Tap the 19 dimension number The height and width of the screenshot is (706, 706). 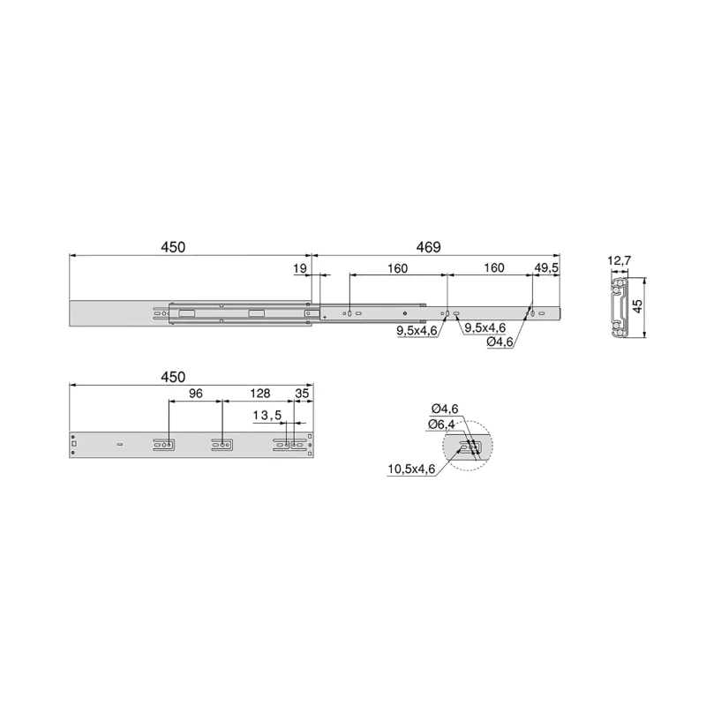click(x=299, y=267)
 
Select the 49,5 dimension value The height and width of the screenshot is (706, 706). click(x=546, y=267)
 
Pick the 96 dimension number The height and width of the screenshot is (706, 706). click(x=195, y=394)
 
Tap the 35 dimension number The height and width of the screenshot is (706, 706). click(x=302, y=394)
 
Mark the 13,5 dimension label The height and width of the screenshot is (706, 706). click(x=267, y=415)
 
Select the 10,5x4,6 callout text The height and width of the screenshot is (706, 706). click(x=410, y=469)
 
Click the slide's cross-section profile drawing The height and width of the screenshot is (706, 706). click(x=618, y=305)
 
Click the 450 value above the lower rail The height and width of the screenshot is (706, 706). click(x=173, y=377)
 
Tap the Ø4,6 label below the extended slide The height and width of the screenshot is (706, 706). click(x=502, y=342)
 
